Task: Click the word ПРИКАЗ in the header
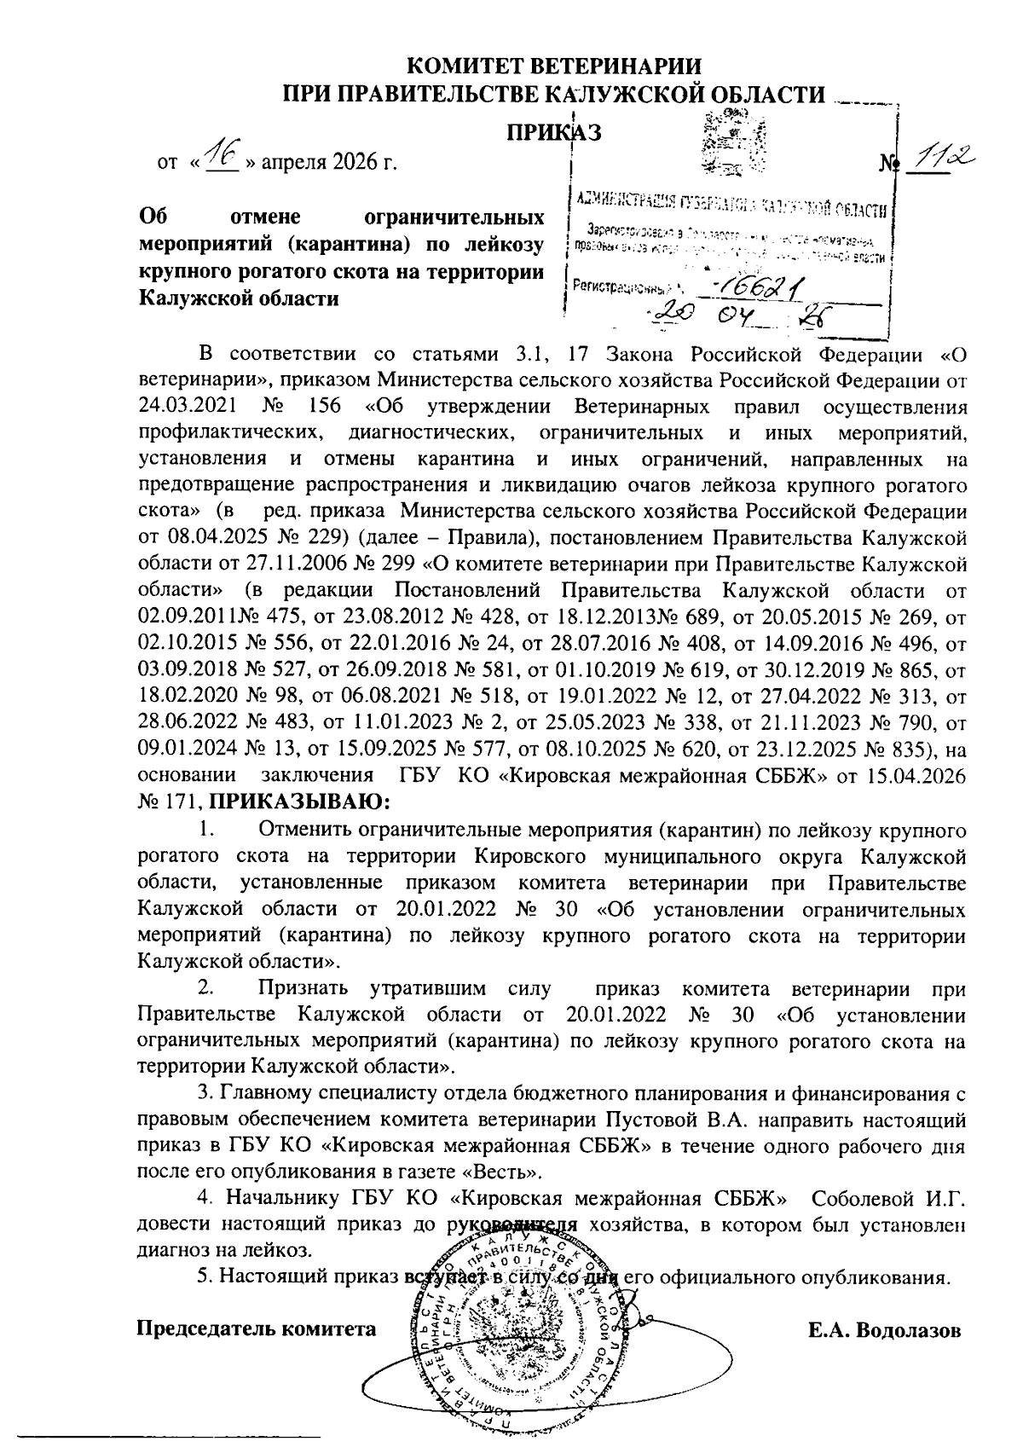pyautogui.click(x=555, y=132)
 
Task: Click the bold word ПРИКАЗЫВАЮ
pyautogui.click(x=298, y=802)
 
